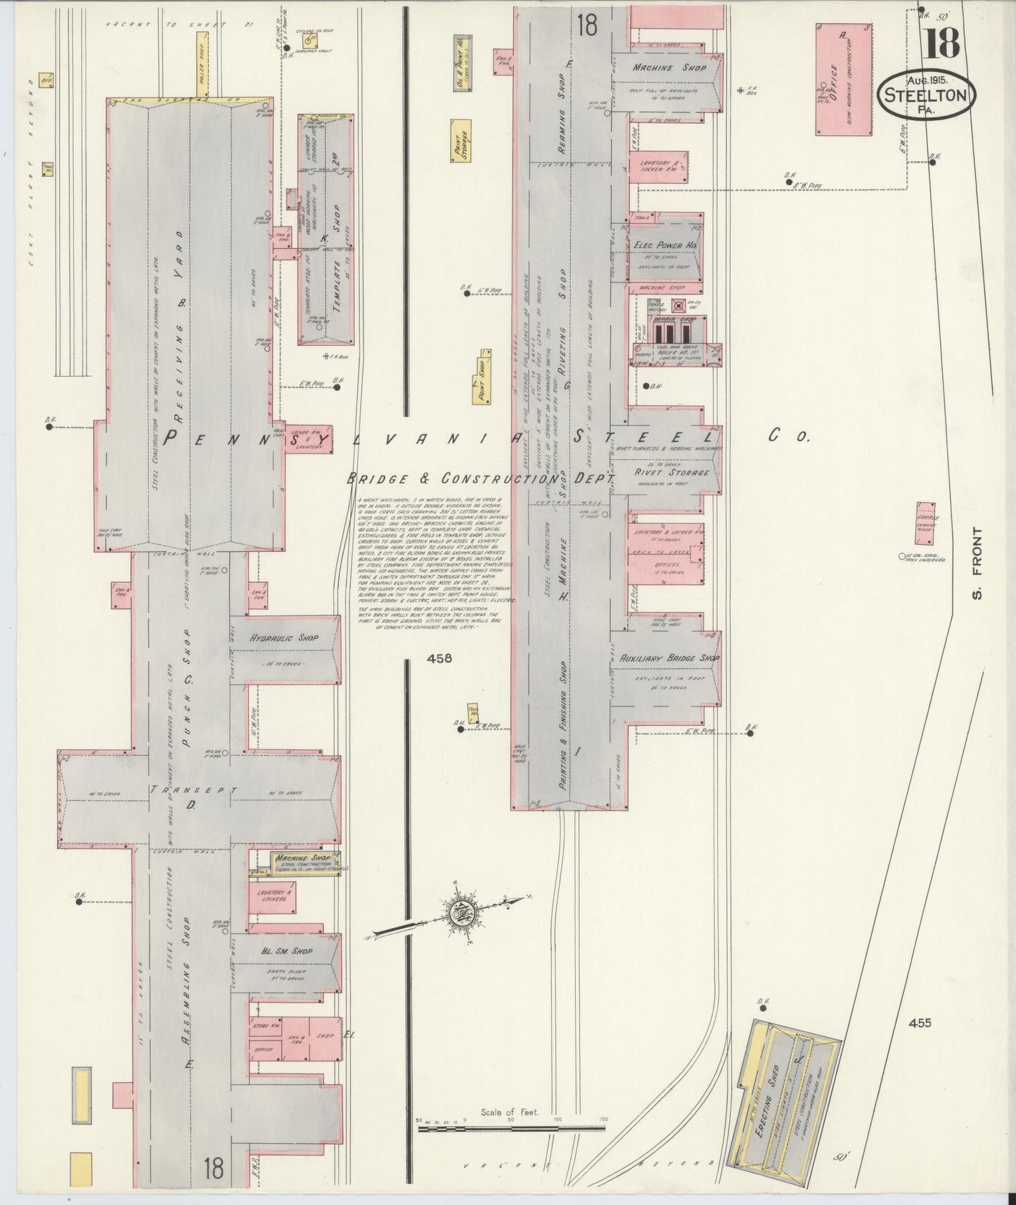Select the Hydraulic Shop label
(x=283, y=638)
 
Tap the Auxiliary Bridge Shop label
(x=669, y=658)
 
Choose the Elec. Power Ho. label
(x=664, y=245)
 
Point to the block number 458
(x=439, y=659)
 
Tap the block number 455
(x=919, y=1023)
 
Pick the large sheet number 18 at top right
(x=940, y=44)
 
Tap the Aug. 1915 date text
(x=927, y=81)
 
